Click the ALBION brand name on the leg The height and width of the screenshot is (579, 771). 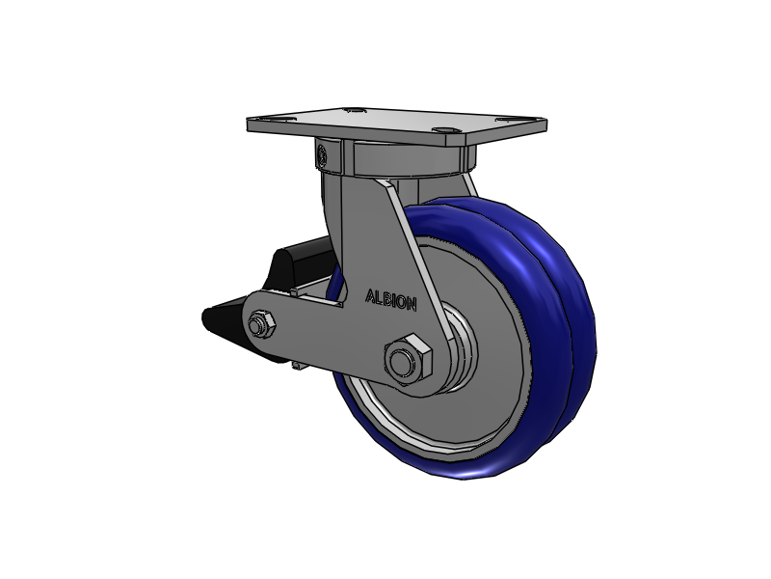coord(391,300)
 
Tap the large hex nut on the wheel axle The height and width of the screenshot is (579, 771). coord(408,360)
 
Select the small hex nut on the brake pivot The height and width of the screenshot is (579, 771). coord(260,324)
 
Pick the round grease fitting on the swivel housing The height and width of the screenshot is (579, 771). coord(323,155)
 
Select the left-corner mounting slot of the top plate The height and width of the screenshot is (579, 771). coord(270,118)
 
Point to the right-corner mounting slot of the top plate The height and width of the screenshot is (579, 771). coord(505,119)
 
